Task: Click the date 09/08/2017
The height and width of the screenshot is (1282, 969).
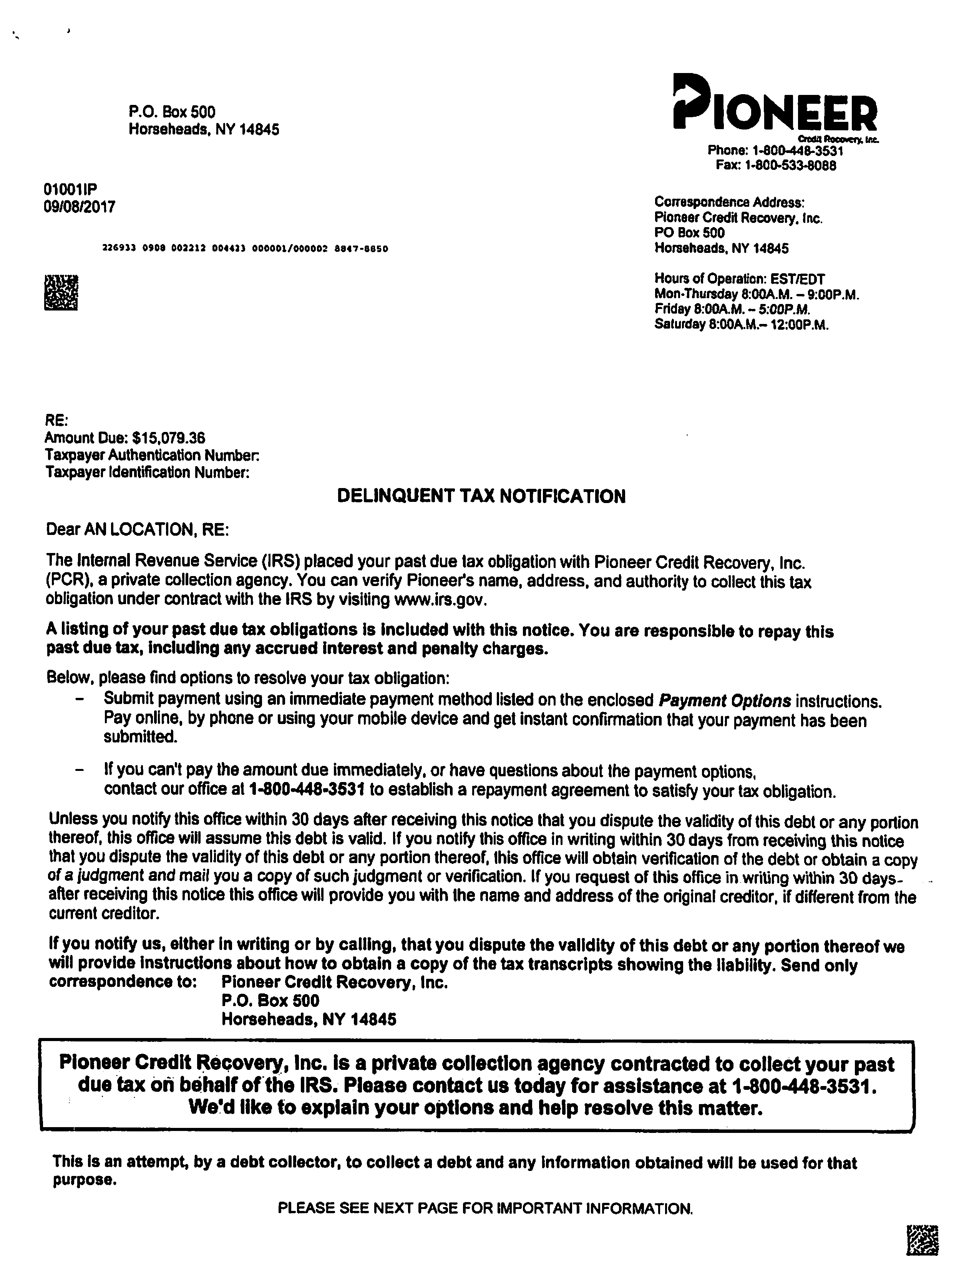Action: pyautogui.click(x=80, y=207)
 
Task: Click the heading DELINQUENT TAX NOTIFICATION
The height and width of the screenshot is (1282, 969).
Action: pyautogui.click(x=481, y=497)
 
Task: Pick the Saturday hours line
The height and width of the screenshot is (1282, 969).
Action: pyautogui.click(x=741, y=325)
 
